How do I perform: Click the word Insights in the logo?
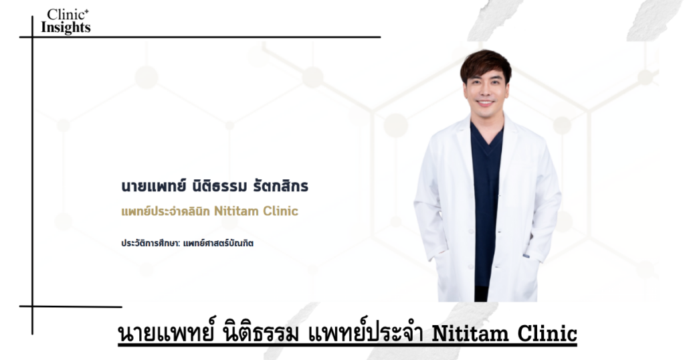pos(66,27)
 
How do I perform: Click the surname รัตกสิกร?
pos(281,186)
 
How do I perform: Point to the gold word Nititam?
pos(236,211)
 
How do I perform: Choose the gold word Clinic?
pos(280,211)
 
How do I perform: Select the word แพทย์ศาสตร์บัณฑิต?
pos(219,244)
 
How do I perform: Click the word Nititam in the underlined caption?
pos(470,334)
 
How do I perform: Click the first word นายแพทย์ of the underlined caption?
pos(167,333)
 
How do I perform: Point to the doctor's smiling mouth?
pos(486,103)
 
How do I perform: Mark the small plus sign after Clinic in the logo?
pos(87,11)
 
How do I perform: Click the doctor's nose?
pos(485,92)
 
